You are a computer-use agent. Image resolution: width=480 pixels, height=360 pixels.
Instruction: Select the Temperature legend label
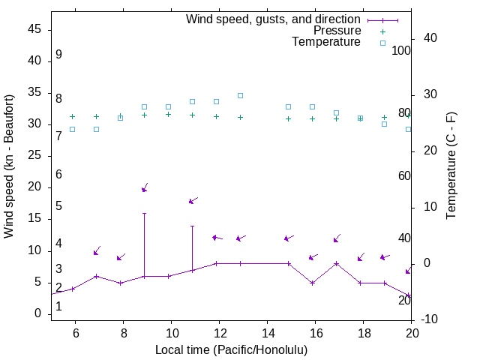pos(326,42)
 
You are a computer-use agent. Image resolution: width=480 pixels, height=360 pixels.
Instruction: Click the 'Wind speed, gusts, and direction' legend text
pos(274,19)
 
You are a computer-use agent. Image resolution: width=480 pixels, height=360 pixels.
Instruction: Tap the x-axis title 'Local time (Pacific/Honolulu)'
pos(231,350)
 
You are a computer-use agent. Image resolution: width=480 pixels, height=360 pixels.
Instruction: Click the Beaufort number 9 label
pos(58,55)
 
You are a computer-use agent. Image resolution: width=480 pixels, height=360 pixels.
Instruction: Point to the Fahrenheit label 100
pos(401,51)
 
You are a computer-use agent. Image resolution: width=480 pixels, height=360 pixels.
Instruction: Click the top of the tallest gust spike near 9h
pos(145,213)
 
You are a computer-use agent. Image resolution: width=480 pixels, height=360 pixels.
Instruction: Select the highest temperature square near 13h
pos(241,95)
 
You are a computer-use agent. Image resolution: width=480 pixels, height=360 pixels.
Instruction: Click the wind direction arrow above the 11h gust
pos(193,201)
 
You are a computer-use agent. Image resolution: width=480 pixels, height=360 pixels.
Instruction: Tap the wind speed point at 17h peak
pos(337,263)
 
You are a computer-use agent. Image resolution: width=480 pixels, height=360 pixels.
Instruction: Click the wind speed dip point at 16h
pos(313,283)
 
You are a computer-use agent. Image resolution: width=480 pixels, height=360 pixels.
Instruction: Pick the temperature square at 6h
pos(73,129)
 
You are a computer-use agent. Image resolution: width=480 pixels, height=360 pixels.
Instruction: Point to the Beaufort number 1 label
pos(58,307)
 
